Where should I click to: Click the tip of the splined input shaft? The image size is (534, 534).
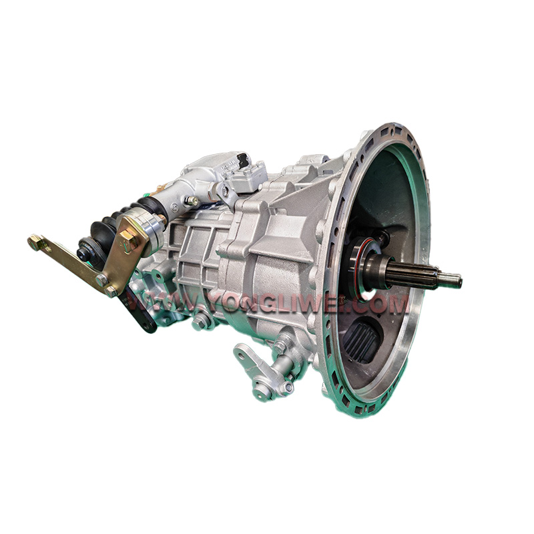(x=460, y=281)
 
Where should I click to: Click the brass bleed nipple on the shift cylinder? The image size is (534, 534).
(x=192, y=201)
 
